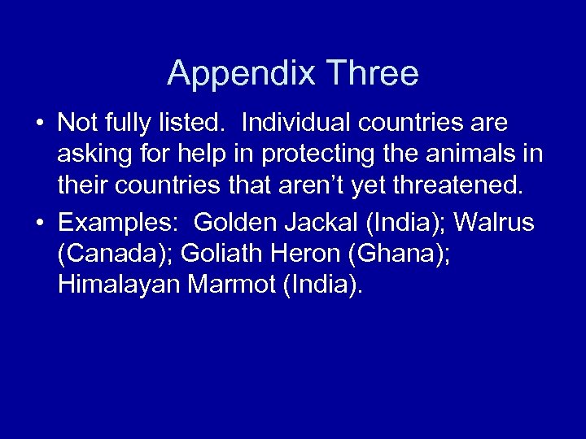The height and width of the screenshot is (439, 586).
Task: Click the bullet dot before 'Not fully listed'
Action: [40, 124]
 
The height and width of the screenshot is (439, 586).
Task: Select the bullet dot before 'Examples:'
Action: [40, 224]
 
